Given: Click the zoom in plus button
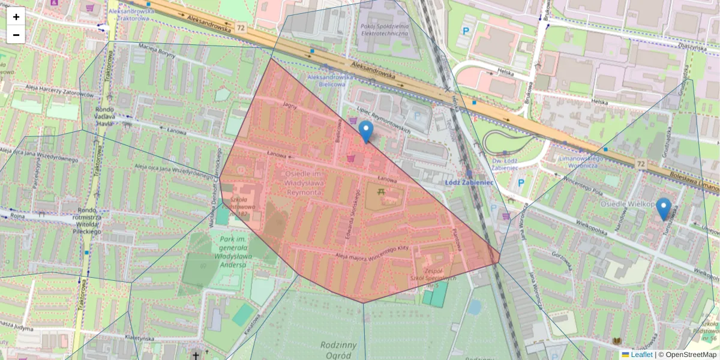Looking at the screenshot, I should pos(16,17).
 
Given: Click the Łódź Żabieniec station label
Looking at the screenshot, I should pos(469,182).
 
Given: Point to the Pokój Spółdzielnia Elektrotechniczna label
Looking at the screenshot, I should pos(384,30).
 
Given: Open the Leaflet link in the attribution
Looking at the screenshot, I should pos(641,355).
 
